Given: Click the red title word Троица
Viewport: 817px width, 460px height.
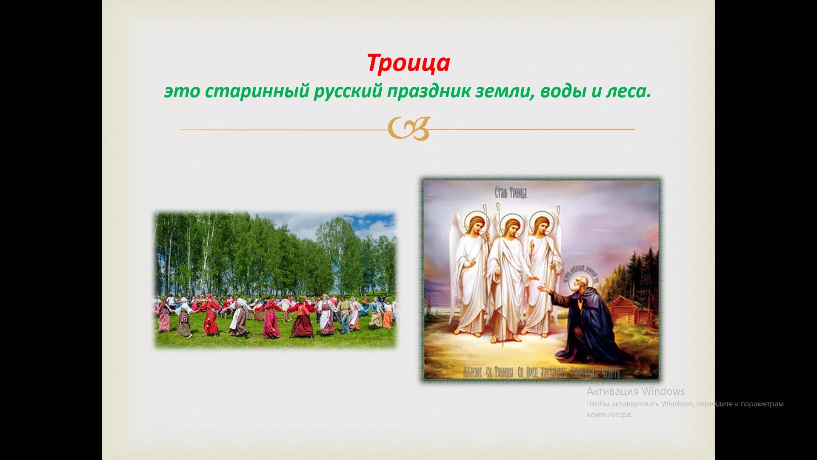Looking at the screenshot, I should pyautogui.click(x=408, y=63).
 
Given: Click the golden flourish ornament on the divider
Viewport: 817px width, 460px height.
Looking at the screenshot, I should pyautogui.click(x=408, y=129).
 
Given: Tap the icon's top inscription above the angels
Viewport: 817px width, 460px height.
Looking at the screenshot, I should pyautogui.click(x=511, y=193).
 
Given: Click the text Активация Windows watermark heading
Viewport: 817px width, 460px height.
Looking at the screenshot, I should pyautogui.click(x=636, y=391).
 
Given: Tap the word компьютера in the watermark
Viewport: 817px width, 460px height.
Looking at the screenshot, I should pyautogui.click(x=609, y=414).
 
